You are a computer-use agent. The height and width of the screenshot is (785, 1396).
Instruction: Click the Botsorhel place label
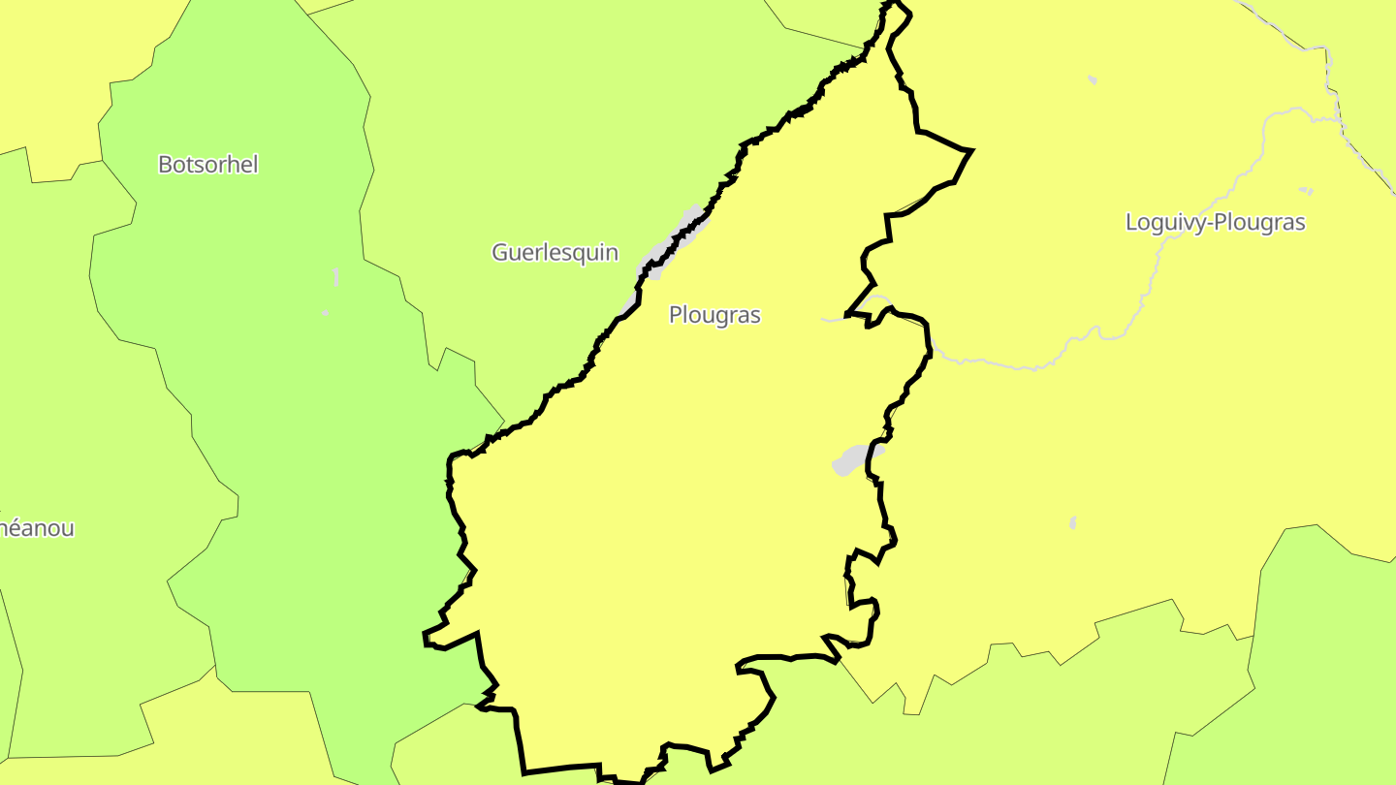tap(208, 165)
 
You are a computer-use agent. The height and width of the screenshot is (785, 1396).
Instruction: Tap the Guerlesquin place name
tap(555, 253)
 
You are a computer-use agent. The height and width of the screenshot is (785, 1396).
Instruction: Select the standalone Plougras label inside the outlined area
tap(714, 315)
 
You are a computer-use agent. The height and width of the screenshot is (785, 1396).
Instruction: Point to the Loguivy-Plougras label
tap(1215, 222)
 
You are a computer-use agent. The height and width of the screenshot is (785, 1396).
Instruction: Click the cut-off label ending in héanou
tap(37, 529)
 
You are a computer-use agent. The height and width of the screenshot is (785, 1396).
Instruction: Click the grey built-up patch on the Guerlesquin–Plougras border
tap(669, 248)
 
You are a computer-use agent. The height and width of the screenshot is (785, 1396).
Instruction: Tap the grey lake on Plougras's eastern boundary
tap(853, 459)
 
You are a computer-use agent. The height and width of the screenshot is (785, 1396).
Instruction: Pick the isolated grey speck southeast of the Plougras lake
tap(1073, 523)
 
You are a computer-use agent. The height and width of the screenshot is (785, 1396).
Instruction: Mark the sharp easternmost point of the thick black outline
tap(970, 150)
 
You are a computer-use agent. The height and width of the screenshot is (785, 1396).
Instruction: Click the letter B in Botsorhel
tap(165, 165)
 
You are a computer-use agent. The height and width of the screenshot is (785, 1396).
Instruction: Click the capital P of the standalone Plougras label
tap(676, 315)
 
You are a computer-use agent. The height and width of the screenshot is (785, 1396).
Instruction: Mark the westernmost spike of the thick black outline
tap(425, 637)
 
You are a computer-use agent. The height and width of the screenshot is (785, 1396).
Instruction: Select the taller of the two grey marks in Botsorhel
tap(336, 277)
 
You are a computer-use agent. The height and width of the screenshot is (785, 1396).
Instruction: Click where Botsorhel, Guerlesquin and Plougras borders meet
tap(504, 423)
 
